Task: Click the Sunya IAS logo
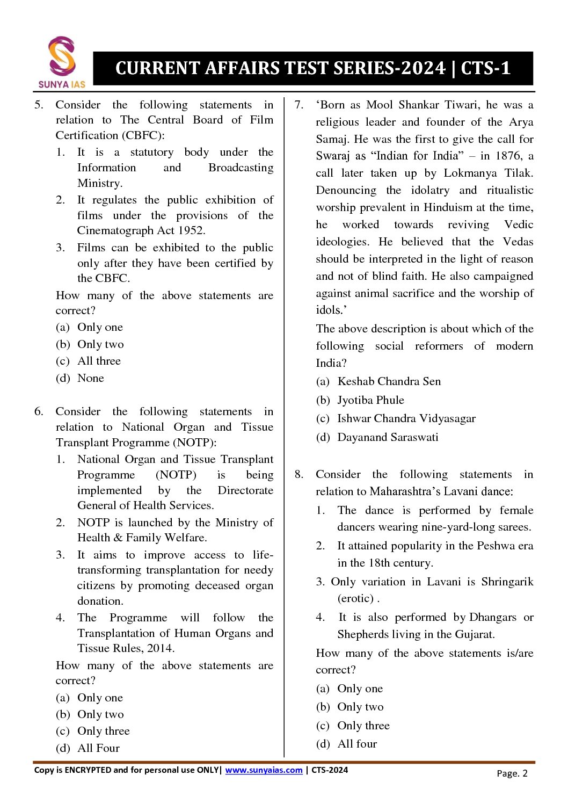62,62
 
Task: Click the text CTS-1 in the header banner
485,68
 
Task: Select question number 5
39,105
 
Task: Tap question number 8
299,474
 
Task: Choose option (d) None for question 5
90,378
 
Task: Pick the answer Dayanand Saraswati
388,437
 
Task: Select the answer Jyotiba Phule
370,400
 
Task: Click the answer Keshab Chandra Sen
389,381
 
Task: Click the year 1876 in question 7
507,156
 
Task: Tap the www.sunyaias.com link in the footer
264,770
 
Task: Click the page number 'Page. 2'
512,773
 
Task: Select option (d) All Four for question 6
98,748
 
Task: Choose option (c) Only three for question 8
363,726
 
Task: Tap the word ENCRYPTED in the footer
88,770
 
